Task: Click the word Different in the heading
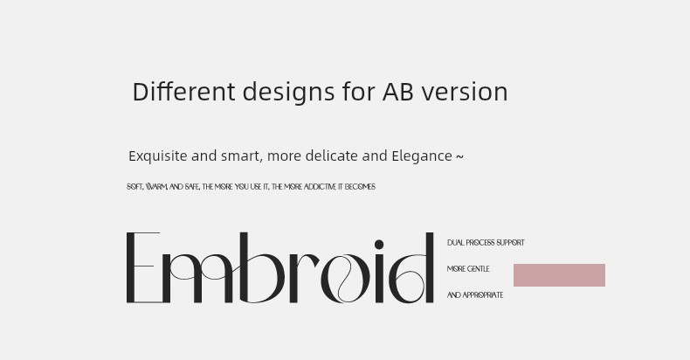(x=183, y=92)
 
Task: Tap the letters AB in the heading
(x=397, y=92)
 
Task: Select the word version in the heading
(x=465, y=92)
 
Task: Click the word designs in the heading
(x=288, y=93)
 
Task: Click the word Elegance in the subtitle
(x=422, y=156)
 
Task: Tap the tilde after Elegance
(x=459, y=156)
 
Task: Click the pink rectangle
(x=559, y=275)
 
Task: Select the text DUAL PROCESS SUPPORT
(x=486, y=243)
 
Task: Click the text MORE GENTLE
(x=468, y=269)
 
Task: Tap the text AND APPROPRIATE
(x=475, y=294)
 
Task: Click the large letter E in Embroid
(x=143, y=267)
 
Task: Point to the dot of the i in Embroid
(x=379, y=245)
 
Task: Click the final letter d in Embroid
(x=411, y=268)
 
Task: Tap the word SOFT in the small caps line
(x=135, y=187)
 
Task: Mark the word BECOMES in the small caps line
(x=360, y=187)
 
